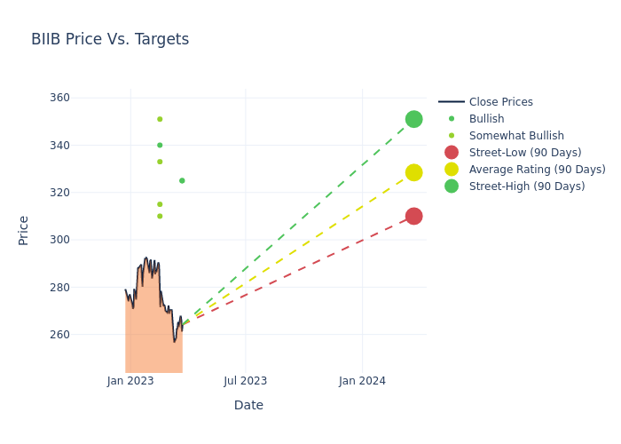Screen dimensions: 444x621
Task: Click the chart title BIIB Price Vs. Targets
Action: click(110, 39)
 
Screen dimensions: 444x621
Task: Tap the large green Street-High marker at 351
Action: click(413, 119)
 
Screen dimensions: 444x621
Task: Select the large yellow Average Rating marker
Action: click(413, 172)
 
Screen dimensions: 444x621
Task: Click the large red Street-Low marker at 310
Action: click(413, 216)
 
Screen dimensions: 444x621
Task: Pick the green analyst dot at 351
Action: click(160, 119)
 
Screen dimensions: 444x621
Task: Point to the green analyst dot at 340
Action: click(160, 145)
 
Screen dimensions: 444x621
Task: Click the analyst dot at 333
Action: click(160, 162)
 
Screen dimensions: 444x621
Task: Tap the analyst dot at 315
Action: click(160, 204)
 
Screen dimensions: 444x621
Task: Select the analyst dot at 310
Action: click(160, 216)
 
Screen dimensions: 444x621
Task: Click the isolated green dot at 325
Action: click(182, 180)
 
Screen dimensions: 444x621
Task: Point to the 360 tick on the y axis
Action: click(83, 98)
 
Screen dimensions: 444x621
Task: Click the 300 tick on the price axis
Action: click(83, 240)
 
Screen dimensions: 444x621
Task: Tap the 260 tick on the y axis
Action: click(83, 335)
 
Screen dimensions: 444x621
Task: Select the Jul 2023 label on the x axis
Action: click(246, 381)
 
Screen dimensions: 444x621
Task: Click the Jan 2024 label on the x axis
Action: click(362, 381)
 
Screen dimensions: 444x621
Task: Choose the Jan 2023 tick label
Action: click(130, 381)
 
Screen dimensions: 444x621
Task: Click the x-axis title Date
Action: click(248, 405)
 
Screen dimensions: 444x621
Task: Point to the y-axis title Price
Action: click(24, 230)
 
